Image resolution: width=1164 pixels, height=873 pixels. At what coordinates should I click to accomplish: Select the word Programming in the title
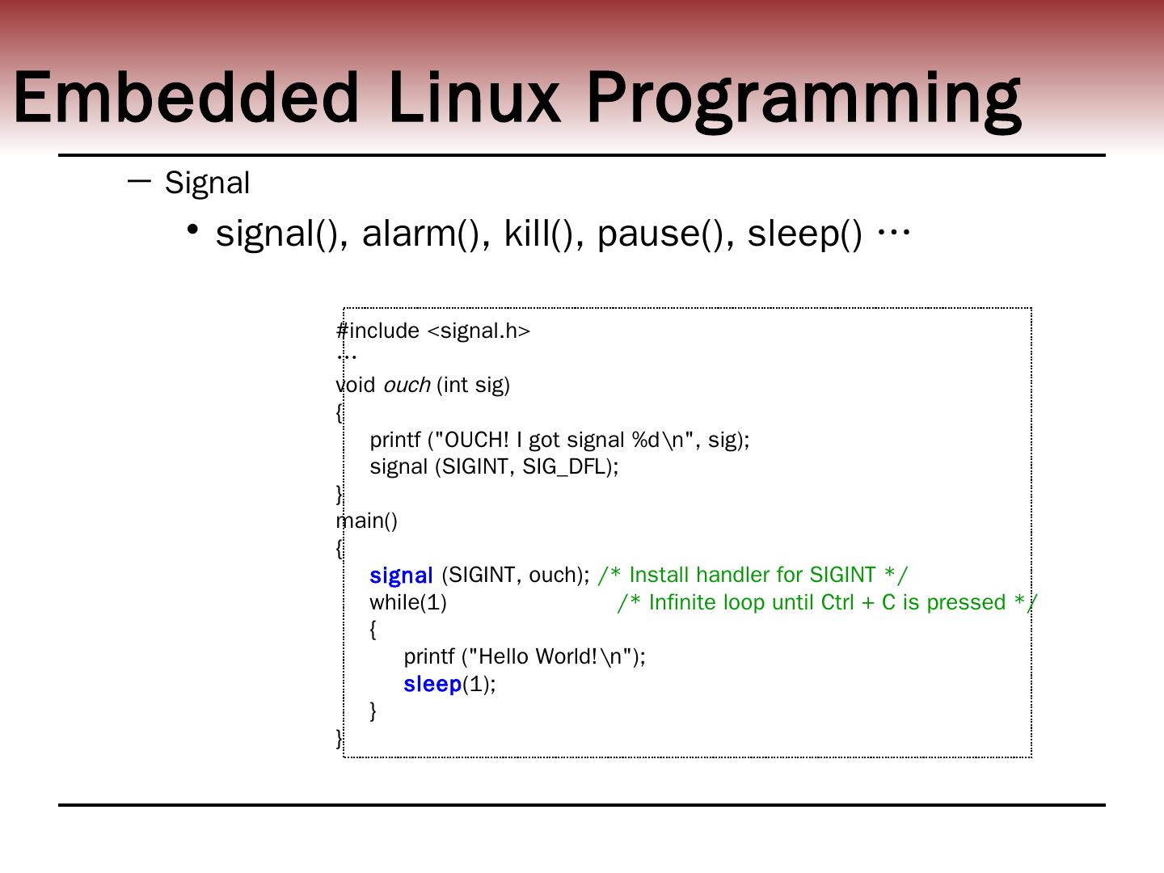(x=803, y=99)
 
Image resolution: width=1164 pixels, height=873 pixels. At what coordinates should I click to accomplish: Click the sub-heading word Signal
(x=208, y=183)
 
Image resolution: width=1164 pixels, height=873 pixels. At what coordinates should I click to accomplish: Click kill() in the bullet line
(x=538, y=234)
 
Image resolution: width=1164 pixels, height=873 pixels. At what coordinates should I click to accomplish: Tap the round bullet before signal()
(x=192, y=230)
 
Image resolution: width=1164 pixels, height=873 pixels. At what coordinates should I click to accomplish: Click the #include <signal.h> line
(x=433, y=331)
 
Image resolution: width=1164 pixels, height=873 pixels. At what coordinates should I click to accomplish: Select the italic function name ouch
(x=406, y=386)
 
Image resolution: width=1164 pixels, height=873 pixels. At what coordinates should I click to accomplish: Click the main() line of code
(x=367, y=521)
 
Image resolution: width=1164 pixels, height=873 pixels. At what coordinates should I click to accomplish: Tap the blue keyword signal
(x=401, y=576)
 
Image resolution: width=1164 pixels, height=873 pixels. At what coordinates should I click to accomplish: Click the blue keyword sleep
(x=432, y=684)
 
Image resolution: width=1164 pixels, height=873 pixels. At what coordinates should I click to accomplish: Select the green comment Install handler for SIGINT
(x=753, y=575)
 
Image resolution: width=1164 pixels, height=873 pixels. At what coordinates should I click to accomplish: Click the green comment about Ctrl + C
(x=827, y=602)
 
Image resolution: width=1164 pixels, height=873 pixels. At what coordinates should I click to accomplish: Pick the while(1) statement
(x=408, y=602)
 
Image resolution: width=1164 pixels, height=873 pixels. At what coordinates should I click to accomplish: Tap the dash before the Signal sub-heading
(x=139, y=181)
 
